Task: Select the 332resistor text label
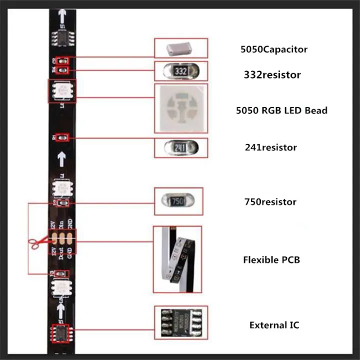[x=272, y=75]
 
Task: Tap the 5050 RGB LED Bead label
[x=281, y=110]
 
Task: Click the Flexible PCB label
[x=271, y=260]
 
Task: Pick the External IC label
[x=274, y=325]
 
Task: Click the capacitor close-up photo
[x=180, y=48]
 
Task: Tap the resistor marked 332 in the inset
[x=181, y=71]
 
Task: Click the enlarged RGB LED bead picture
[x=180, y=108]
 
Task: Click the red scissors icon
[x=34, y=243]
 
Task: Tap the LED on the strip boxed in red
[x=62, y=91]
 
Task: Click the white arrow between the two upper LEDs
[x=61, y=159]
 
